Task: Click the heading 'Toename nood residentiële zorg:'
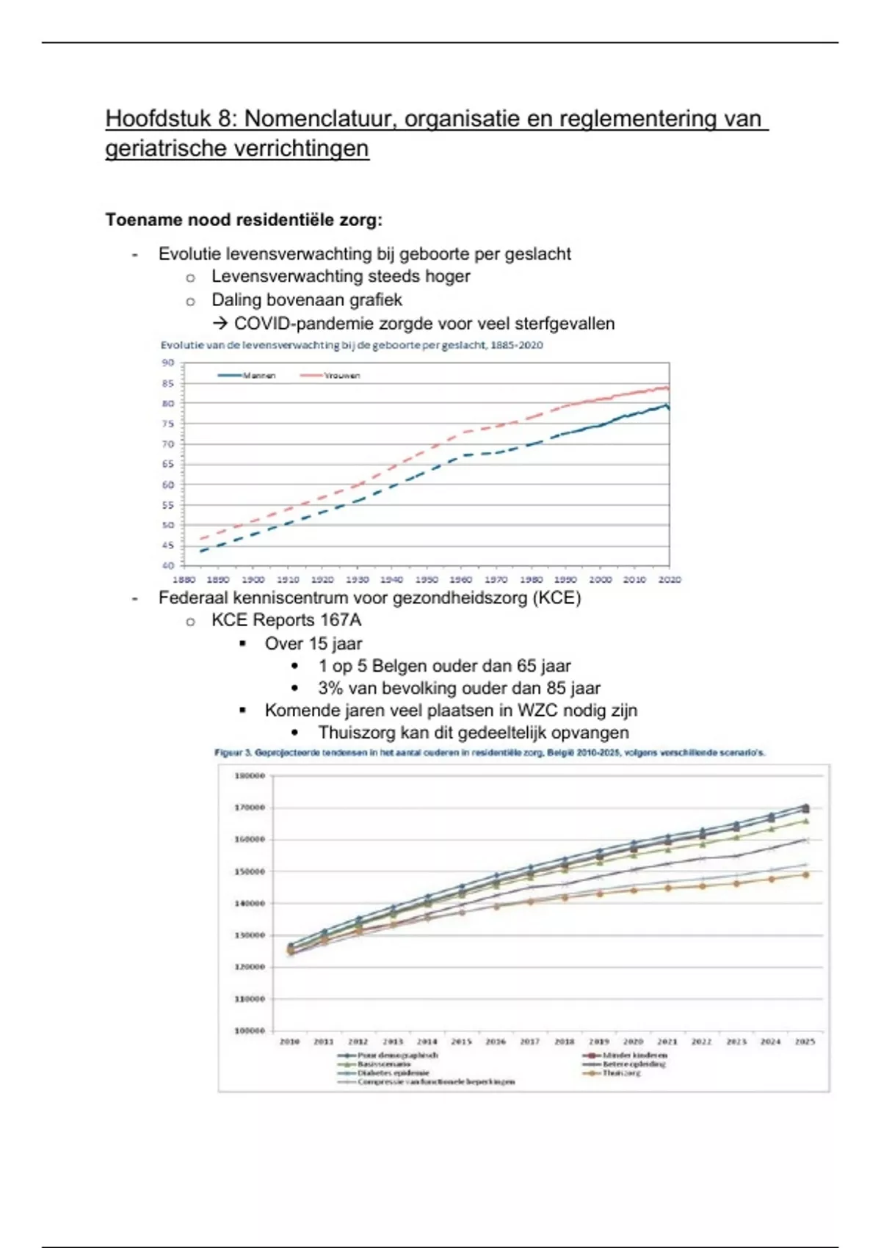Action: tap(244, 220)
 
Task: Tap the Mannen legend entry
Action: tap(258, 375)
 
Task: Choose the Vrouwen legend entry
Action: tap(341, 375)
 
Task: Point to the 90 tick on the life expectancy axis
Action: tap(168, 363)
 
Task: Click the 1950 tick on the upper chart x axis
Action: tap(427, 579)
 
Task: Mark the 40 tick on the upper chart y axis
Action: tap(168, 565)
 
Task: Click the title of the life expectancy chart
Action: tap(352, 345)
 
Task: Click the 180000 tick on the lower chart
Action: tap(250, 775)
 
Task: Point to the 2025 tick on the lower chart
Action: tap(805, 1042)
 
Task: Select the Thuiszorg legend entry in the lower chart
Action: tap(621, 1073)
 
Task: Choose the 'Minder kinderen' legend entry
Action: tap(634, 1055)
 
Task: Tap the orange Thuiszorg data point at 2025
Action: tap(805, 875)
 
